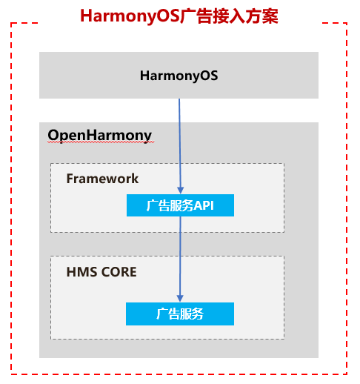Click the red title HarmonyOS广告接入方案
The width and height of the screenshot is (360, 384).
pyautogui.click(x=179, y=16)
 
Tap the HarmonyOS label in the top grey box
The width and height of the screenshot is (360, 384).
pyautogui.click(x=179, y=76)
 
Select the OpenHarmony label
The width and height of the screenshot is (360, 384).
pyautogui.click(x=100, y=136)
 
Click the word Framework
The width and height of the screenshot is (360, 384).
pyautogui.click(x=102, y=179)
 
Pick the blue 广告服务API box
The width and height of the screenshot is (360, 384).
pyautogui.click(x=180, y=205)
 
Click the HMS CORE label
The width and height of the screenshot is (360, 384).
pyautogui.click(x=101, y=272)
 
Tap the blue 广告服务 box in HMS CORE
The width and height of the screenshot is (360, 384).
pyautogui.click(x=180, y=314)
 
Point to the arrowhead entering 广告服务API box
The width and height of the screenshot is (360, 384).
pyautogui.click(x=181, y=191)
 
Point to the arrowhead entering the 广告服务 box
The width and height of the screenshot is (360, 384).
pyautogui.click(x=180, y=299)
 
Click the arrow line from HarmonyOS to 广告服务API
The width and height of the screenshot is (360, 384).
pyautogui.click(x=180, y=146)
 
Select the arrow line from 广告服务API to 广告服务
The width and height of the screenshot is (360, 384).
pyautogui.click(x=180, y=259)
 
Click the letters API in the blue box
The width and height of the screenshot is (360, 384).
pyautogui.click(x=204, y=205)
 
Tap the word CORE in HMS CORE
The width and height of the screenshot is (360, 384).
pyautogui.click(x=119, y=272)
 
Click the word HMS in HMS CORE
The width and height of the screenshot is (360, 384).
pyautogui.click(x=81, y=272)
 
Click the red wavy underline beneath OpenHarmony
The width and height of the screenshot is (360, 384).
pyautogui.click(x=101, y=142)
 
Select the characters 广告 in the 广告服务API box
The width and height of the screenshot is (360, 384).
pyautogui.click(x=158, y=205)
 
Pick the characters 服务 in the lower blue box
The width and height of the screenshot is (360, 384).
pyautogui.click(x=192, y=314)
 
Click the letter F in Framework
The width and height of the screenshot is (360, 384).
pyautogui.click(x=70, y=179)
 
